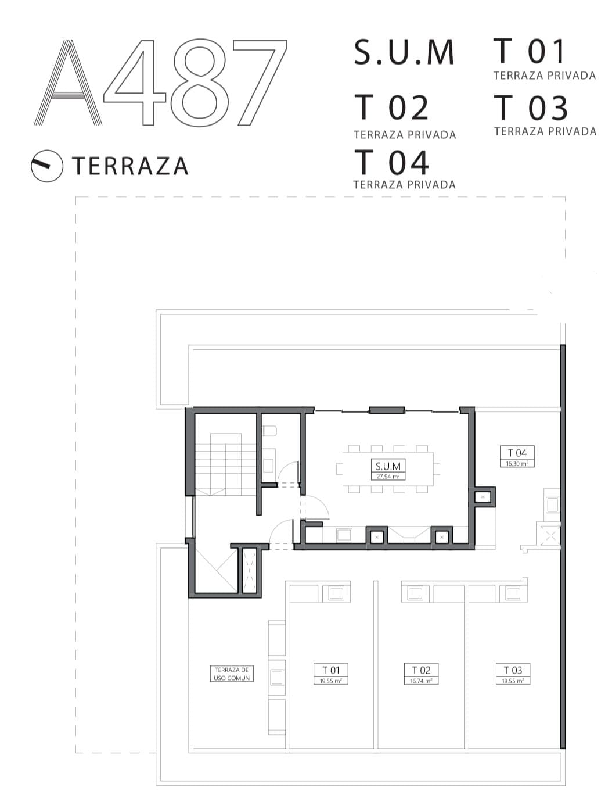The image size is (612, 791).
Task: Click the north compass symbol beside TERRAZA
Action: (47, 166)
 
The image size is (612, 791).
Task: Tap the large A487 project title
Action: (160, 83)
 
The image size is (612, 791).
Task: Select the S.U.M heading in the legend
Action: (404, 52)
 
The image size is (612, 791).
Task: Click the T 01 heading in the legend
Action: (529, 51)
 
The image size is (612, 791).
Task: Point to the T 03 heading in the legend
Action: (531, 108)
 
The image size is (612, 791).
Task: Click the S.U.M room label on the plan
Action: (388, 466)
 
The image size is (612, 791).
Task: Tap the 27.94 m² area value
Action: (388, 476)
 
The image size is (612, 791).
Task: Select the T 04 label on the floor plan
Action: (517, 453)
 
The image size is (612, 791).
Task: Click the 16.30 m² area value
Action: (517, 463)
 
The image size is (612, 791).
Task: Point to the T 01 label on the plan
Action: (330, 670)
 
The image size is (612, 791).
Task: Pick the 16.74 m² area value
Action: (421, 681)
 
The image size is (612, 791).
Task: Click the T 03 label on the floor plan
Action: (513, 670)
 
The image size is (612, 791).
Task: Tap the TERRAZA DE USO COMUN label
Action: (232, 674)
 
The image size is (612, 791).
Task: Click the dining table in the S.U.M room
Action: (388, 469)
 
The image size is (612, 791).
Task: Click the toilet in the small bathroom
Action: (269, 431)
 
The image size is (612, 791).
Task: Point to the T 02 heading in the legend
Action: (391, 108)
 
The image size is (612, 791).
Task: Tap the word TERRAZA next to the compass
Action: (130, 166)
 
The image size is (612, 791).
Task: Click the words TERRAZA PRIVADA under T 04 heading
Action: (404, 185)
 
